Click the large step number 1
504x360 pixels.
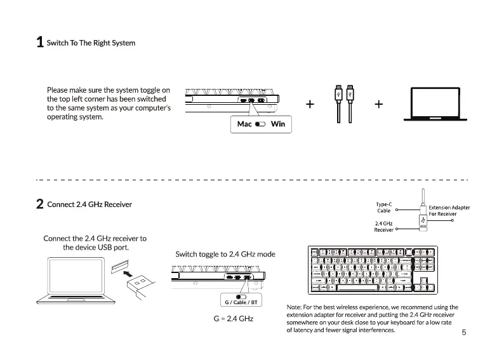pos(39,43)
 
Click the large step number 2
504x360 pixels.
pos(39,204)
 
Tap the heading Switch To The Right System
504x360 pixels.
pos(91,43)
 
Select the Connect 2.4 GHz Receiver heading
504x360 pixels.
pos(90,204)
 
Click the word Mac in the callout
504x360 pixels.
pos(244,124)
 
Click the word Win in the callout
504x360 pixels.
pos(277,124)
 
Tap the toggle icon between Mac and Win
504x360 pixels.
pos(260,124)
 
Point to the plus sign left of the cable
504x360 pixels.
pos(310,104)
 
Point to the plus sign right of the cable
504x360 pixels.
pos(378,104)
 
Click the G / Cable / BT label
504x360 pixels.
pos(241,302)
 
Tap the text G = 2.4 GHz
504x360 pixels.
pos(233,318)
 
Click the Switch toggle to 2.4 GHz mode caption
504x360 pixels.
pos(225,254)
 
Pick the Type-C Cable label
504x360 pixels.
pos(384,207)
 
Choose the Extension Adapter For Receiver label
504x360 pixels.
pos(449,211)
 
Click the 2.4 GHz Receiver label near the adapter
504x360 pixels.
pos(383,227)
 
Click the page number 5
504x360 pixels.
pos(464,332)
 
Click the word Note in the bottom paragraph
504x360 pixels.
pos(295,307)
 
